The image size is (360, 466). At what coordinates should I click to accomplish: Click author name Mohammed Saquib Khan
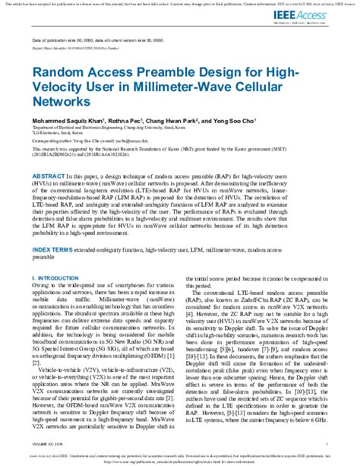65,121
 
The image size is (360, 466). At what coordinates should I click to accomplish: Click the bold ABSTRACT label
49,175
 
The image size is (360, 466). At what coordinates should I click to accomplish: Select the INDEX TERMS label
53,228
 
